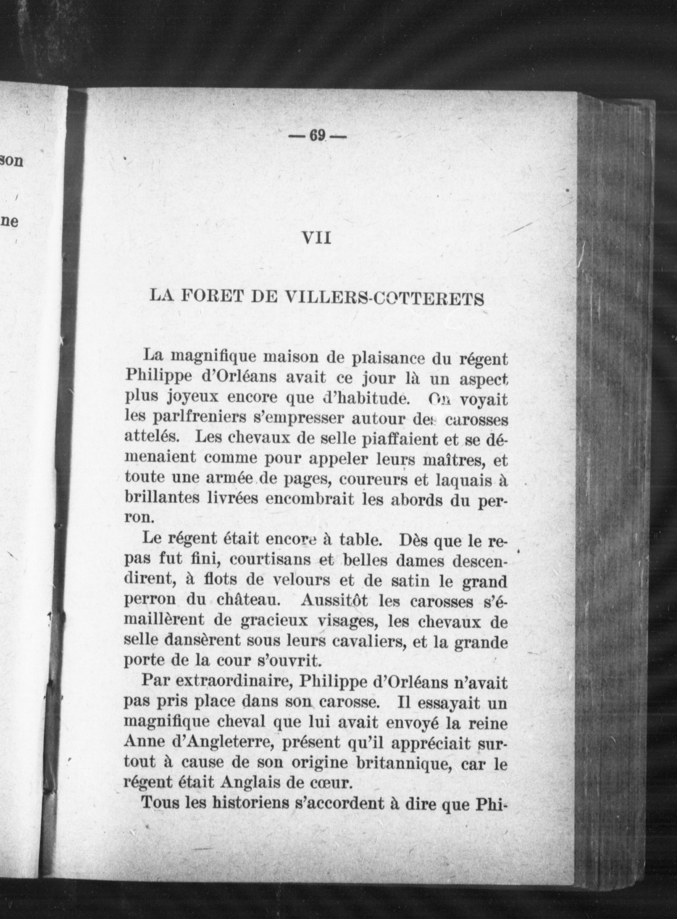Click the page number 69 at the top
316,135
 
